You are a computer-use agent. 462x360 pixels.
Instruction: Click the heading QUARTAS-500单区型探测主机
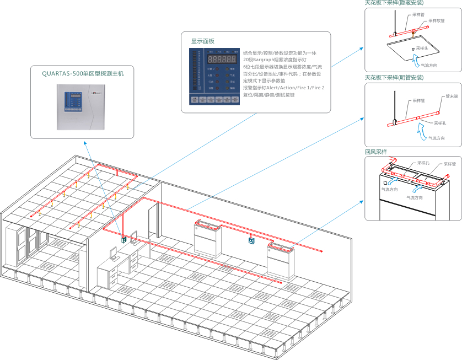(83, 73)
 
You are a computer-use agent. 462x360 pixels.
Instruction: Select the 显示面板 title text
(202, 41)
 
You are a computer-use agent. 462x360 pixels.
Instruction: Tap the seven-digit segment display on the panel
(223, 58)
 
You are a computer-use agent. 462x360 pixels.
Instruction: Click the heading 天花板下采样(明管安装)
(394, 78)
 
